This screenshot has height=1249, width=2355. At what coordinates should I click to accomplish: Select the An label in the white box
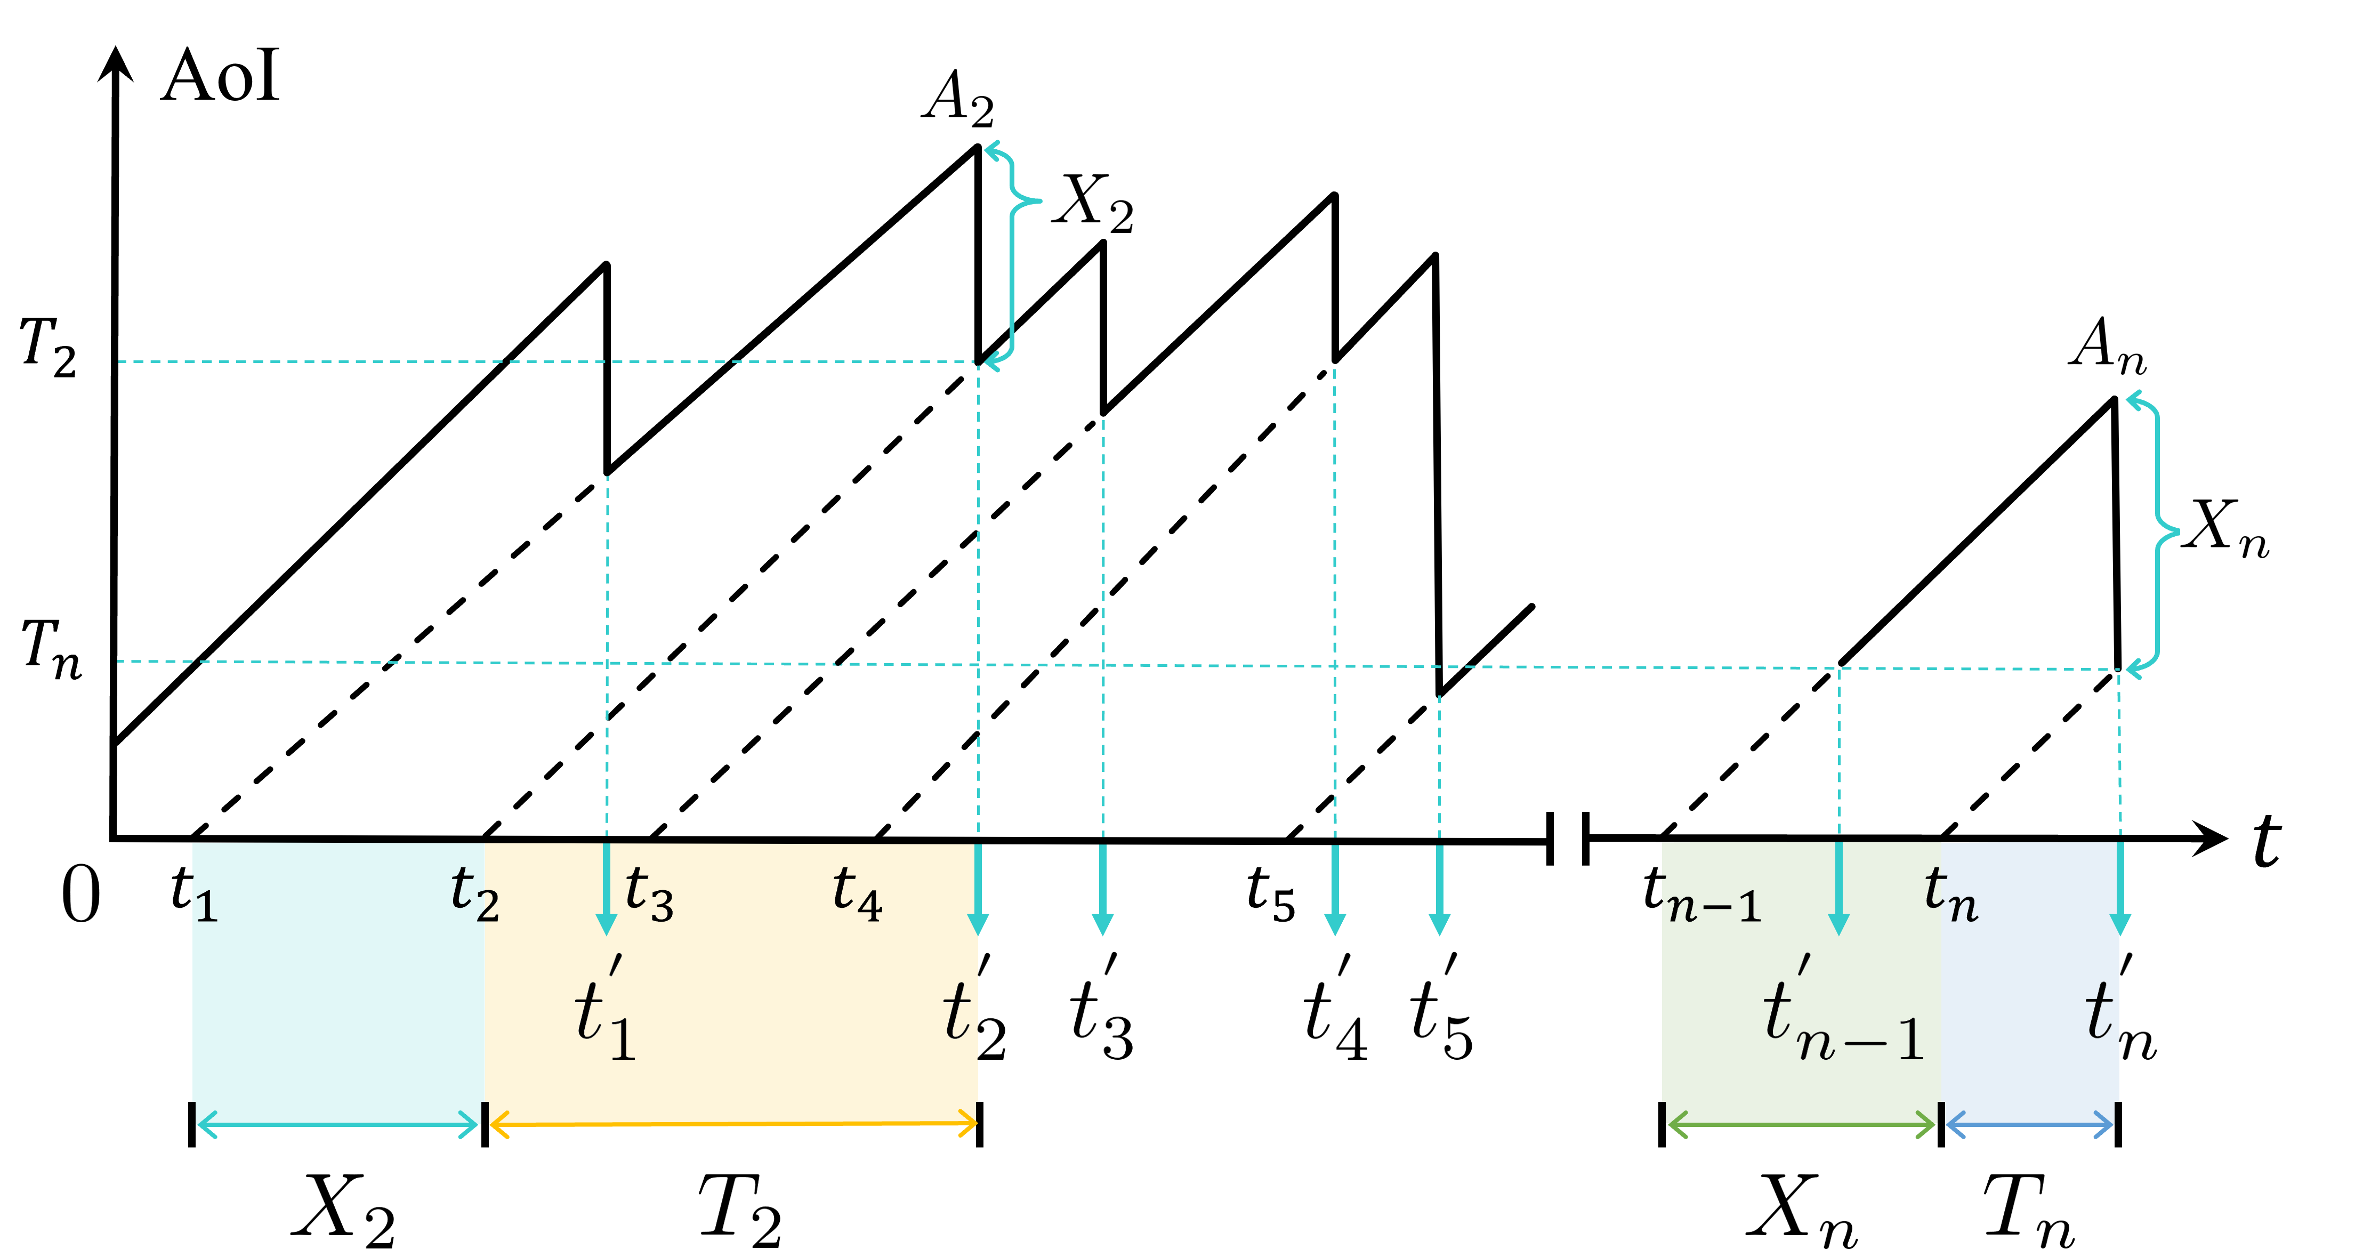(x=2107, y=345)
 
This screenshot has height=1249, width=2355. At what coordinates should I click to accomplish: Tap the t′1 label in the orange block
(x=605, y=1010)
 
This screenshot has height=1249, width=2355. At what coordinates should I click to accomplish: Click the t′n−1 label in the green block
(x=1842, y=1010)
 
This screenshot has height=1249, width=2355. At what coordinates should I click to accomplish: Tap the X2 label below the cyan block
(x=342, y=1210)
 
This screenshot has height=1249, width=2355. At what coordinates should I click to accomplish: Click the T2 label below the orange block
(x=739, y=1210)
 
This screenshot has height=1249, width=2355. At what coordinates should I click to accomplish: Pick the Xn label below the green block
(x=1801, y=1210)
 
